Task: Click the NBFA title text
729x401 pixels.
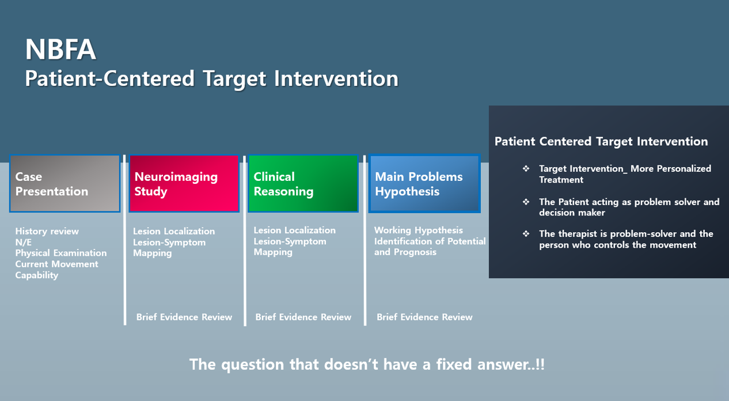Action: tap(61, 50)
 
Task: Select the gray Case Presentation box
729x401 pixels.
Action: tap(64, 183)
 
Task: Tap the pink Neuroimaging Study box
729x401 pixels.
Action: tap(184, 183)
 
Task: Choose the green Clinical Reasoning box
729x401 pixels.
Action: tap(303, 183)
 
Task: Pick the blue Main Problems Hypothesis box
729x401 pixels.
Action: tap(424, 184)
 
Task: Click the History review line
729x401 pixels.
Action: tap(47, 231)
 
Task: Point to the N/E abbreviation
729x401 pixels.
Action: tap(24, 243)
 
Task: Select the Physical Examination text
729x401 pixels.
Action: tap(61, 253)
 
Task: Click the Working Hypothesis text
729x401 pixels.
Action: tap(419, 230)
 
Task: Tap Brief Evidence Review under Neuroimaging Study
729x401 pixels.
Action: tap(184, 317)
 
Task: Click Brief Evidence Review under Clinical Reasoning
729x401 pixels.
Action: tap(303, 317)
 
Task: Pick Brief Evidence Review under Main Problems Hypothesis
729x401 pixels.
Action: tap(424, 317)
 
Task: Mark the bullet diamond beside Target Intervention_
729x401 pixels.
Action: tap(526, 168)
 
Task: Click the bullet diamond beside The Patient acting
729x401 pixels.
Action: tap(526, 202)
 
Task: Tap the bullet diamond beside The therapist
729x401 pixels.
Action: tap(526, 233)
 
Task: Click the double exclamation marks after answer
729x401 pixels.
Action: tap(540, 364)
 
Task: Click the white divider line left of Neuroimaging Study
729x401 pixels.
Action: tap(124, 240)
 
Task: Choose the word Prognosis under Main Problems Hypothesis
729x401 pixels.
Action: tap(415, 252)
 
